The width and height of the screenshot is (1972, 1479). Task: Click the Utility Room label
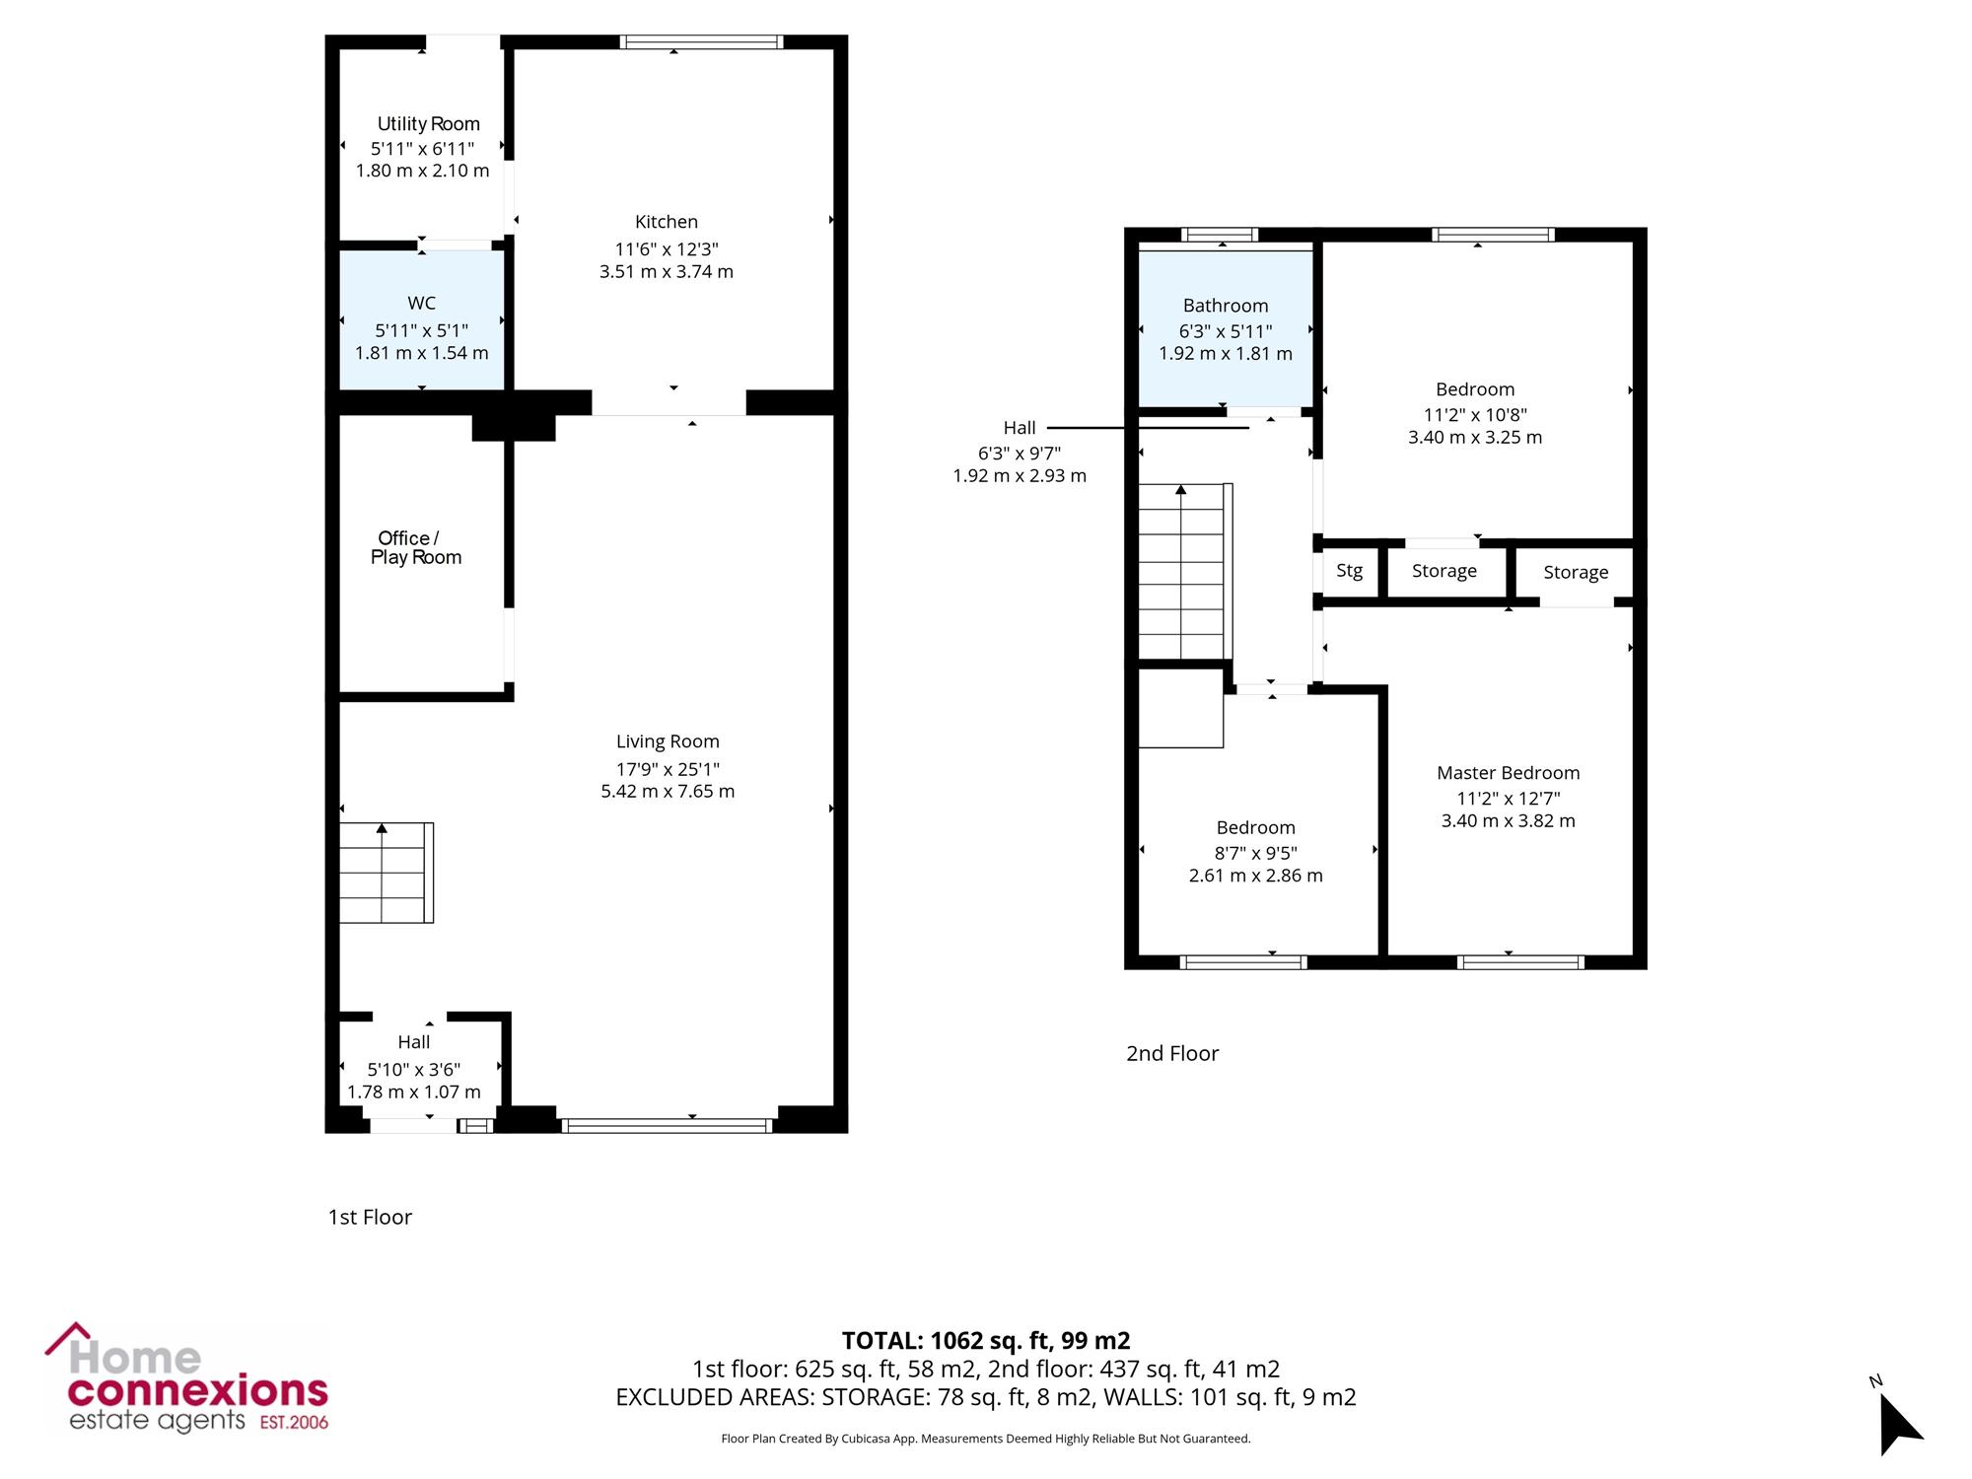429,124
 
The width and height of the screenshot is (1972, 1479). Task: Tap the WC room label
421,304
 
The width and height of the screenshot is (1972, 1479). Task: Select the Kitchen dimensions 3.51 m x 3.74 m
667,271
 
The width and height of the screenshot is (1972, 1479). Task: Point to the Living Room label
668,741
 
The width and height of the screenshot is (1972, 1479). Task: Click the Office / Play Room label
416,547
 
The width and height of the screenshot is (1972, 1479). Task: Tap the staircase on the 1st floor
387,873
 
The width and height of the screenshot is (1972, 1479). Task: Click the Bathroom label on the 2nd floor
1226,306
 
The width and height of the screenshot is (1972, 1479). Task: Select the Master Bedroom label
1509,773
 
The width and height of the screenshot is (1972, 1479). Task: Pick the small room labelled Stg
1350,571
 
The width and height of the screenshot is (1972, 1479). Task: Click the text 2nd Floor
1172,1053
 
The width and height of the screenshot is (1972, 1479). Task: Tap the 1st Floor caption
370,1217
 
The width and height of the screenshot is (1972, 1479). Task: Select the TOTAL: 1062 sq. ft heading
986,1341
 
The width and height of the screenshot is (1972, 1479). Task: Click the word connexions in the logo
197,1391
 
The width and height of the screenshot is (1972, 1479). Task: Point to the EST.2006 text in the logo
294,1423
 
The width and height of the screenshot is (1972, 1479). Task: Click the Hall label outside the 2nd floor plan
1020,428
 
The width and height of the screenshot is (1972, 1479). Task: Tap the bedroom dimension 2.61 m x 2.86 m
1256,876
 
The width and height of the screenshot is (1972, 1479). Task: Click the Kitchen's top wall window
702,41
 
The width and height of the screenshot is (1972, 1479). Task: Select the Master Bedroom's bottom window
1520,962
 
